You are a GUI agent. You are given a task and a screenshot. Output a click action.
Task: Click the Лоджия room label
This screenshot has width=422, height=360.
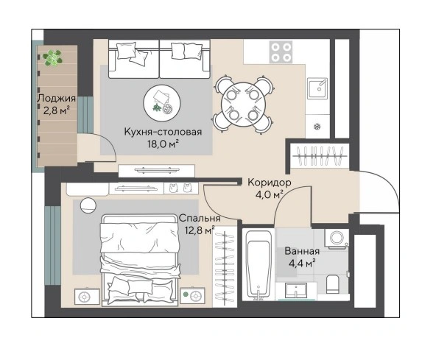57,98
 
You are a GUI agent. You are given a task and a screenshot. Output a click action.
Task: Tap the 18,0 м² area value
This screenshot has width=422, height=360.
163,144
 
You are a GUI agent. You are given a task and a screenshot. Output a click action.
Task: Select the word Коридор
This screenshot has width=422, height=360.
270,183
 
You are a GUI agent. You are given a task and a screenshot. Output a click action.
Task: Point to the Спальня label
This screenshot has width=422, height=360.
200,218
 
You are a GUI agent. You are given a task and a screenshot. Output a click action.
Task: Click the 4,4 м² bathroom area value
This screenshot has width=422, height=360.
302,263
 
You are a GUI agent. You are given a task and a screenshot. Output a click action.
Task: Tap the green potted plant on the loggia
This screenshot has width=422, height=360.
53,57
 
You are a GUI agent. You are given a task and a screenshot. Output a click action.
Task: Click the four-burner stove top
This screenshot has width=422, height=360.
281,52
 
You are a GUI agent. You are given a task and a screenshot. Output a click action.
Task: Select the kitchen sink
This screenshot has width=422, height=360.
318,88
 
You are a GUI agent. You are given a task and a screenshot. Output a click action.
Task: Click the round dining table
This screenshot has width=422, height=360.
243,105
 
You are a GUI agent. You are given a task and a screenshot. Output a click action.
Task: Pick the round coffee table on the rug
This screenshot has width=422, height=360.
162,103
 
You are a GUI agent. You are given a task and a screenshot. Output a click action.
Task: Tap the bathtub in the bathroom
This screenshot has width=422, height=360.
259,266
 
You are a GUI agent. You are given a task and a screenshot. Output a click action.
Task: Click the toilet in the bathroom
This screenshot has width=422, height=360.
334,284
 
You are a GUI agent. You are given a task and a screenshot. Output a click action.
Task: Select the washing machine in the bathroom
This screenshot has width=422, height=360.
337,238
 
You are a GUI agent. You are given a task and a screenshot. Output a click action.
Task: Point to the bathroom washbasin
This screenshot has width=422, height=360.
296,291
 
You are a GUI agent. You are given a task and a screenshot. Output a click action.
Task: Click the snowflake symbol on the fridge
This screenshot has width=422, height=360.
317,126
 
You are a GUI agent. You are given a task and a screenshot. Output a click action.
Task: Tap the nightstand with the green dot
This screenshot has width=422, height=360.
192,296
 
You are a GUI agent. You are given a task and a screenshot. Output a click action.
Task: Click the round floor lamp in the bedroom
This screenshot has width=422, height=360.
88,205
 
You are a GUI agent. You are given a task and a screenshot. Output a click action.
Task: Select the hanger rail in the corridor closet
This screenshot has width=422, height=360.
319,156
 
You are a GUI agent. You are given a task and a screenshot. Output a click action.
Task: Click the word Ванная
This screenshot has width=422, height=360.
302,251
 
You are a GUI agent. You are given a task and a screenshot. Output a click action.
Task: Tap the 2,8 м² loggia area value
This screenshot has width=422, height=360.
57,110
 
